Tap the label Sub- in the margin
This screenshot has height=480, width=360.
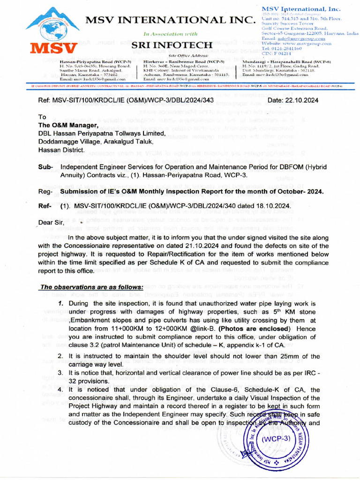[45, 166]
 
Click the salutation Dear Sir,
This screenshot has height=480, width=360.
[51, 222]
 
